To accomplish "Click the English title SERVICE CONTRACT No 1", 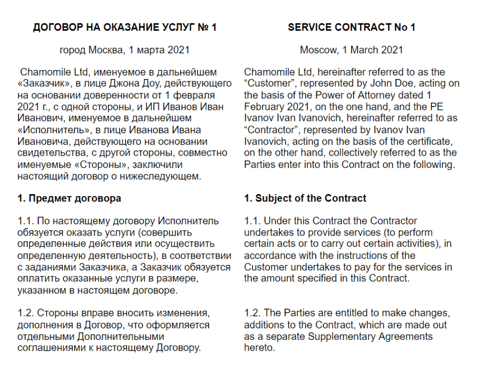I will coord(352,28).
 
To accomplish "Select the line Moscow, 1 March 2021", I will coord(352,49).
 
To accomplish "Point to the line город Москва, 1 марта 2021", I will coord(124,49).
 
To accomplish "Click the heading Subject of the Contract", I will coord(305,198).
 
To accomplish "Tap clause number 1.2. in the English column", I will coord(252,313).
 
